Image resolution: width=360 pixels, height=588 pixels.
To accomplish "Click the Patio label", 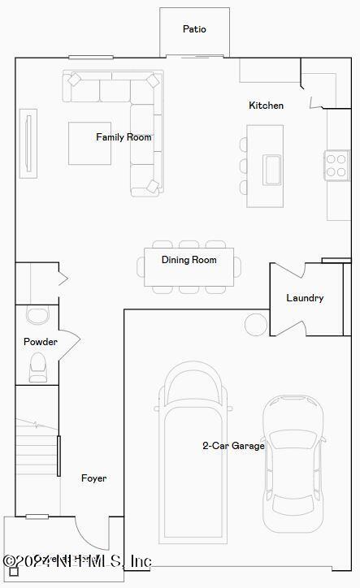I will click(x=194, y=29).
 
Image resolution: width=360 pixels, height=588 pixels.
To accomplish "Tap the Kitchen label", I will click(x=266, y=106).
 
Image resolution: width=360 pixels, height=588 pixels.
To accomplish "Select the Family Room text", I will click(x=124, y=137).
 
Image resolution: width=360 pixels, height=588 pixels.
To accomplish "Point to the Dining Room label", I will click(x=189, y=260).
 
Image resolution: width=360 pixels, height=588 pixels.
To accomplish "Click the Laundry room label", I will click(x=305, y=298).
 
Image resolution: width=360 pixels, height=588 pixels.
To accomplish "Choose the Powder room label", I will click(x=40, y=342).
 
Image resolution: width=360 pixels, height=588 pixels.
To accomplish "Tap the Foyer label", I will click(x=93, y=478).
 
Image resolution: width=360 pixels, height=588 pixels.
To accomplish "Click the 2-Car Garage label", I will click(x=233, y=445).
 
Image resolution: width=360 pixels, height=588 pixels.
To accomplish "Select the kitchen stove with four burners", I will click(x=336, y=165).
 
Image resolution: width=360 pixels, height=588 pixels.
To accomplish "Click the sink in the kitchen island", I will click(x=271, y=170).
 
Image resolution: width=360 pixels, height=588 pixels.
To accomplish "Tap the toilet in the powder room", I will click(x=38, y=370).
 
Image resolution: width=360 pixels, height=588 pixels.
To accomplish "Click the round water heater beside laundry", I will click(x=256, y=324).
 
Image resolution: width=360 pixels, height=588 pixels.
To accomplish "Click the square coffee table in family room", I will click(x=89, y=143).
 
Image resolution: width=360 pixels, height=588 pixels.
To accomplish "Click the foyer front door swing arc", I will click(x=91, y=533).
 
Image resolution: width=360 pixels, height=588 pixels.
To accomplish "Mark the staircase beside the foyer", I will click(x=37, y=447).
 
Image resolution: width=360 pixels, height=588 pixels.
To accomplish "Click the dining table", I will click(x=189, y=267).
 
